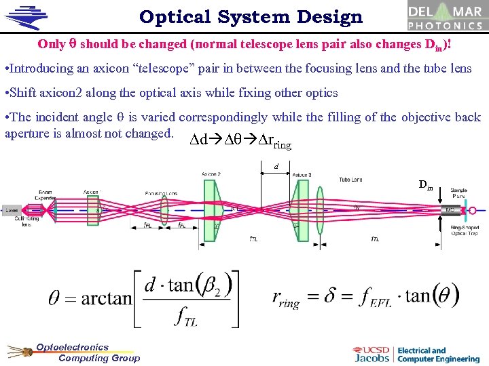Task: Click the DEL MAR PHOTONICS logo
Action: click(445, 16)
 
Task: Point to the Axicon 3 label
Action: click(302, 175)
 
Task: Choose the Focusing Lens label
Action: click(160, 193)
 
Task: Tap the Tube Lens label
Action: click(350, 180)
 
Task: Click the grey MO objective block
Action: click(450, 210)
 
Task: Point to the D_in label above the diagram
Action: click(426, 184)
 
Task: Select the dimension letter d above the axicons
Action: click(276, 166)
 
